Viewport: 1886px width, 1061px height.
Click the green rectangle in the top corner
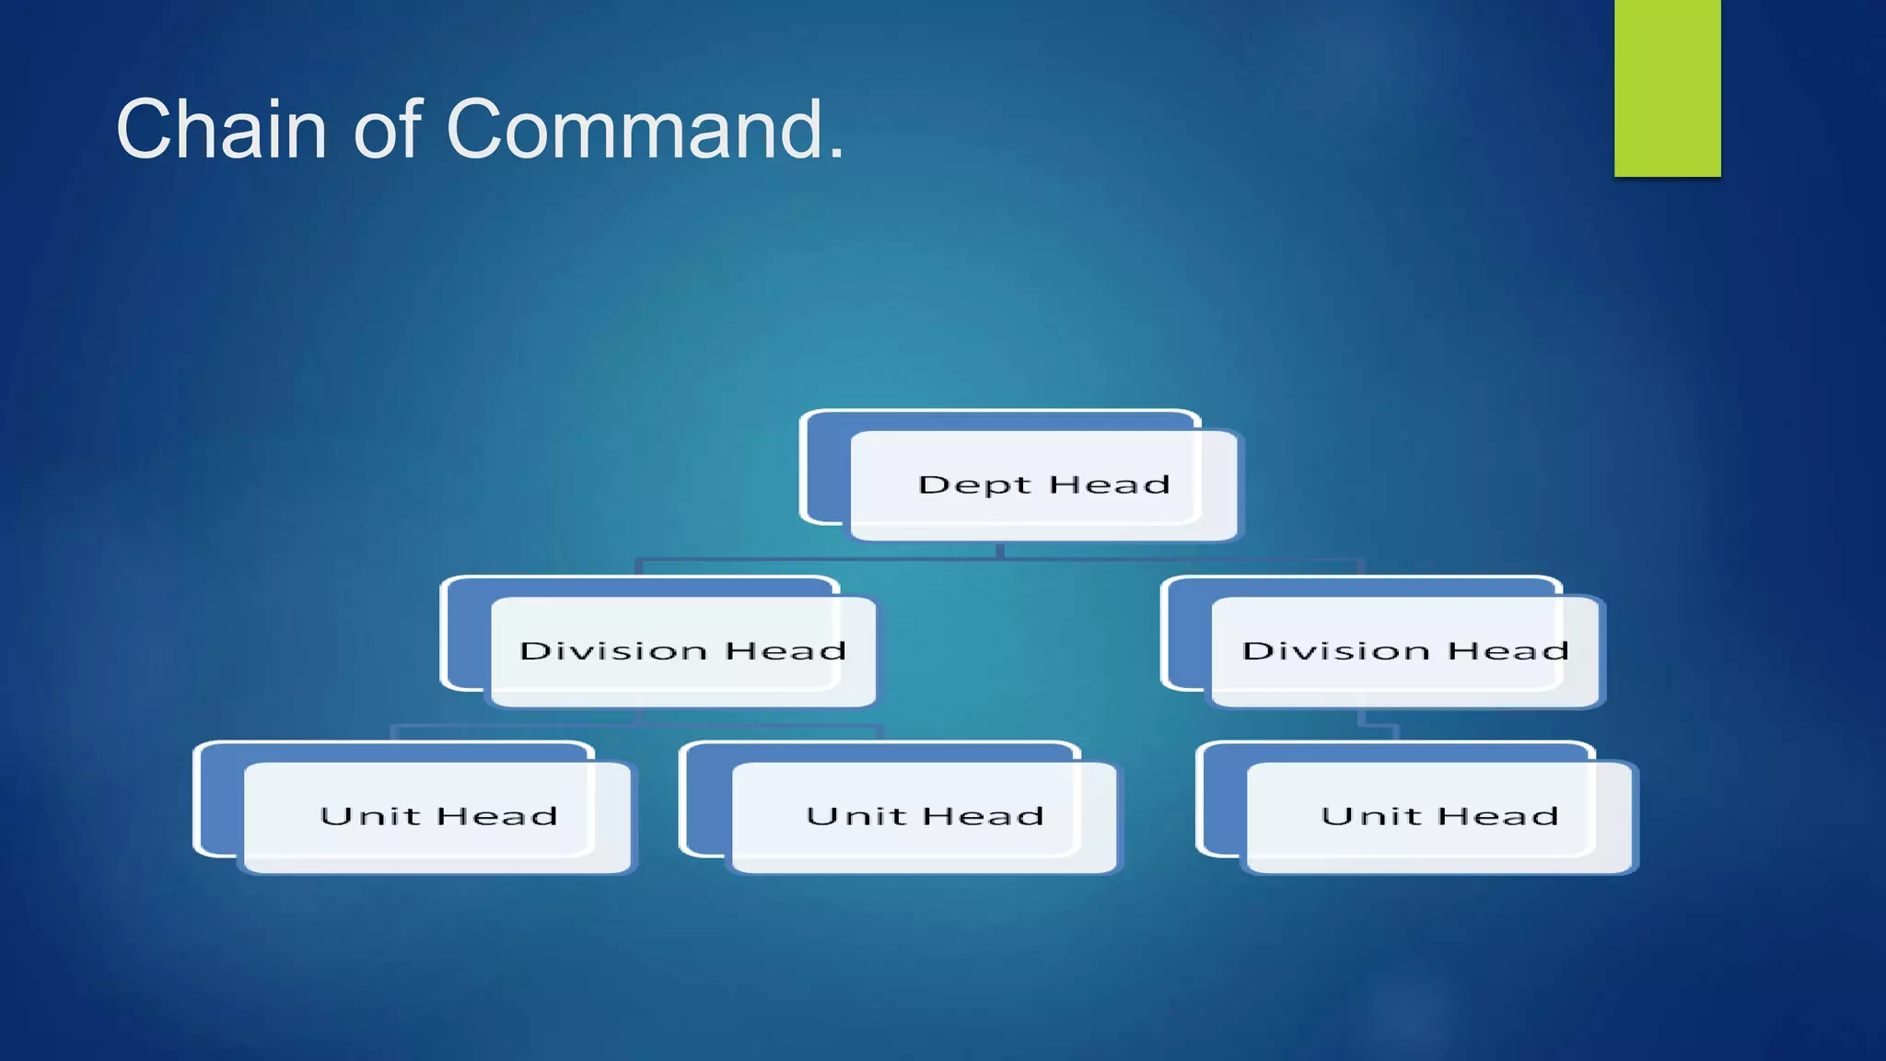tap(1667, 87)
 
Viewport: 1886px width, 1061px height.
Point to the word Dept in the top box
tap(974, 484)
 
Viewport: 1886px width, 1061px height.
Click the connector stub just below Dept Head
tap(1000, 551)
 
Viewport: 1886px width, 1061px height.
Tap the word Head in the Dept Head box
tap(1110, 484)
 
